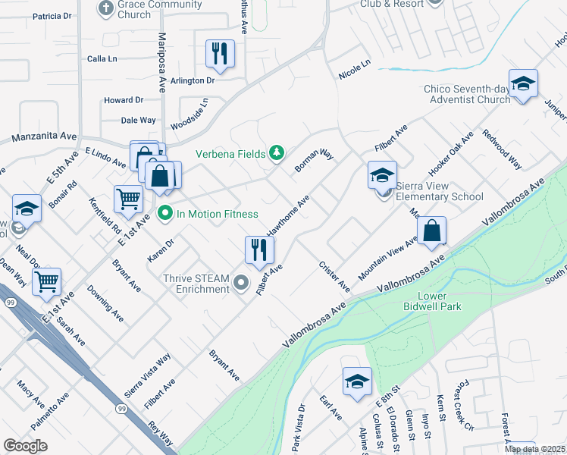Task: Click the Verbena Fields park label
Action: [x=230, y=153]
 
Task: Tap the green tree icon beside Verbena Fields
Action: [x=277, y=153]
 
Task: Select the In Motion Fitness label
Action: [x=217, y=214]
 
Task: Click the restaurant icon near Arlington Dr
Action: [x=220, y=53]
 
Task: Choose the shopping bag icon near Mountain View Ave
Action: [x=431, y=231]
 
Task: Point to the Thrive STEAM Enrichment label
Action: [x=196, y=284]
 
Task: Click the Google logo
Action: [x=26, y=446]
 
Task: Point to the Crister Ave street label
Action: [x=334, y=277]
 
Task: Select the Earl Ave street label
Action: [x=331, y=407]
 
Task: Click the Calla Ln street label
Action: [x=102, y=58]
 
